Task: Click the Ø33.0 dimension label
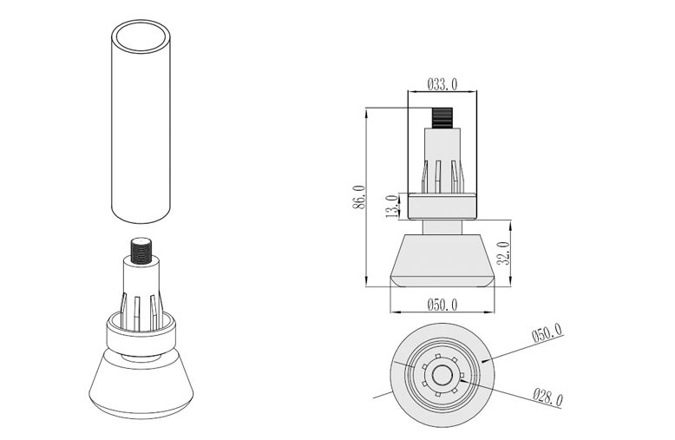442,84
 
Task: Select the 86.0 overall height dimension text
358,197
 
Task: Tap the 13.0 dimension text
392,207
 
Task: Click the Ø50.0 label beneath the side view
442,305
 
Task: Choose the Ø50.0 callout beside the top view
547,332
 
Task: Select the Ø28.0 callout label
547,397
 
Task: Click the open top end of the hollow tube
141,36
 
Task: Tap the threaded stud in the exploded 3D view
141,250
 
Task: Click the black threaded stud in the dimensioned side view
442,117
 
